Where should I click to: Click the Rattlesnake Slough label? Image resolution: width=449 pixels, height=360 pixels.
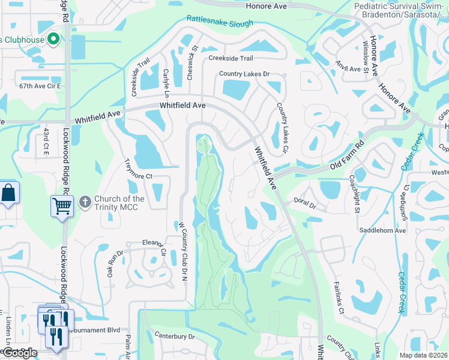point(220,21)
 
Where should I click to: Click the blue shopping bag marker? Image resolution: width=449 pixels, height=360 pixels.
point(8,193)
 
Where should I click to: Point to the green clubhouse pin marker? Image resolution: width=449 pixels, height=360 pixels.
point(53,40)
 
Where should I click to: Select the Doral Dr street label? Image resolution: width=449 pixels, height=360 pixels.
point(305,204)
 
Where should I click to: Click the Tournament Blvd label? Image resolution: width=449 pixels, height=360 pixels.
point(96,329)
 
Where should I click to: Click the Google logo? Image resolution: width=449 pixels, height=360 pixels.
point(19,352)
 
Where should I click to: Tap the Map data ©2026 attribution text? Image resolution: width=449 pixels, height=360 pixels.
point(423,355)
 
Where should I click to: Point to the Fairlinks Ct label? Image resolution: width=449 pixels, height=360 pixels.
point(339,301)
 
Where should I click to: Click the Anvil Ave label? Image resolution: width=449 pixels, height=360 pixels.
point(348,68)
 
